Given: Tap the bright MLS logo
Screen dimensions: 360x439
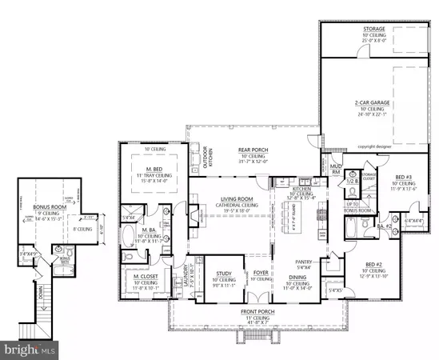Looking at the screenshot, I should [x=30, y=349].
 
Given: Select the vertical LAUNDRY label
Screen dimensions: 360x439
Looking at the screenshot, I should [x=187, y=275].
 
